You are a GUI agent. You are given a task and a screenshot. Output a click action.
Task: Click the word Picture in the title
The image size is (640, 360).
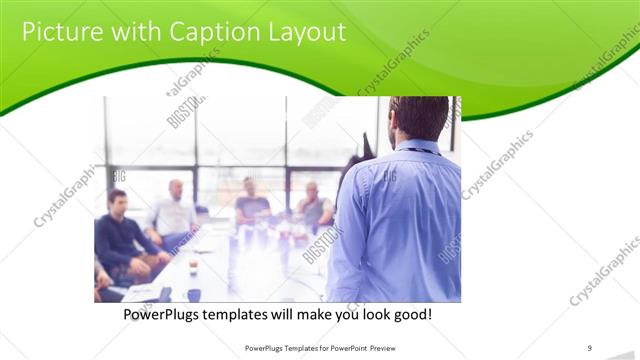[62, 32]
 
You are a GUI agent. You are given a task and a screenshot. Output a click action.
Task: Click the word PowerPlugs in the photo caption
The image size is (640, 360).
[169, 315]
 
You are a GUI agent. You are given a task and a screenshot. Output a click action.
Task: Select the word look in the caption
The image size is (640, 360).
[366, 315]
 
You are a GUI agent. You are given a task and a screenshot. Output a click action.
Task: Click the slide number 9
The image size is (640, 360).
[590, 348]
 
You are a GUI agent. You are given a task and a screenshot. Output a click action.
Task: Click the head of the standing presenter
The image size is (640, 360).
[418, 118]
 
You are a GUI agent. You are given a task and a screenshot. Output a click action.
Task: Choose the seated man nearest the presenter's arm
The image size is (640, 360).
[313, 206]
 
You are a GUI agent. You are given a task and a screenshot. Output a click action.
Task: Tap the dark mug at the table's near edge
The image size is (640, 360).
[193, 295]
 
